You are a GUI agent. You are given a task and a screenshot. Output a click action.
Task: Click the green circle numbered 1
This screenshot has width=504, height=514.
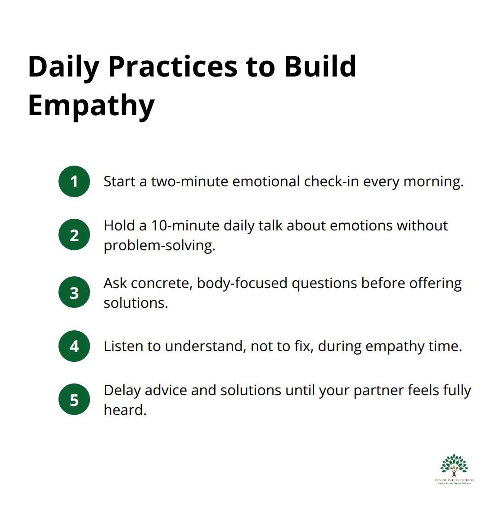[74, 181]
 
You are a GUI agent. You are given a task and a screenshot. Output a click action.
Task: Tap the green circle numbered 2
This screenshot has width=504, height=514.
[74, 235]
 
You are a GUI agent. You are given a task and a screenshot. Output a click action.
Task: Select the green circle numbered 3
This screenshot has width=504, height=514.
[74, 293]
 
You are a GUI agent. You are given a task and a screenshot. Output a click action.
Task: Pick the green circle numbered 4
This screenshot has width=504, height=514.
[74, 346]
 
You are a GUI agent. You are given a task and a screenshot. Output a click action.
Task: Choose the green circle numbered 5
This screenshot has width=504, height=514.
[74, 400]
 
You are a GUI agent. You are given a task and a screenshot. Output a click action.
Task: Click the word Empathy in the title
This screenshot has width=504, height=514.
[91, 105]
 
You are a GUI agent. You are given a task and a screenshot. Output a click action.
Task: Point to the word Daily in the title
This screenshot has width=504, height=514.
[63, 67]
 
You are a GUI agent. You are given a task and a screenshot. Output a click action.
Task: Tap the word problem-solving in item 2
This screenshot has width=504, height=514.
[159, 245]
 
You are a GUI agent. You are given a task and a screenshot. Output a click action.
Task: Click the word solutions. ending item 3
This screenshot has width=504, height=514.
[135, 303]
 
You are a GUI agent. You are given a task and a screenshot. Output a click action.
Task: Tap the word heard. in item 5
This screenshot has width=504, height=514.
[125, 410]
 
